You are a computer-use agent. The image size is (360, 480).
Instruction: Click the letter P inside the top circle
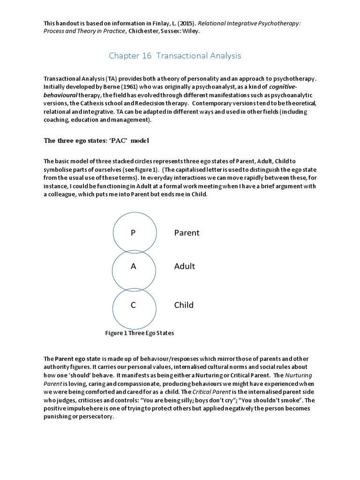click(x=133, y=233)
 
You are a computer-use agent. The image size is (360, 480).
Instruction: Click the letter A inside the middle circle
click(x=133, y=266)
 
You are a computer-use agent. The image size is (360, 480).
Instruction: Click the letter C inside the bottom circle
click(x=133, y=305)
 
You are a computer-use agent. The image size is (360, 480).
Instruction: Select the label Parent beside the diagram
click(x=187, y=233)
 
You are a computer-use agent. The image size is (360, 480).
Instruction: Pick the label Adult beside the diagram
click(x=184, y=266)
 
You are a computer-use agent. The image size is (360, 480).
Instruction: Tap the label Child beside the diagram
click(x=184, y=305)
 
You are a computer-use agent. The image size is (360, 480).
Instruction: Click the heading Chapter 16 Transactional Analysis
click(x=175, y=56)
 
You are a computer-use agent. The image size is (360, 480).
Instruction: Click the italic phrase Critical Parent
click(x=217, y=392)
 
